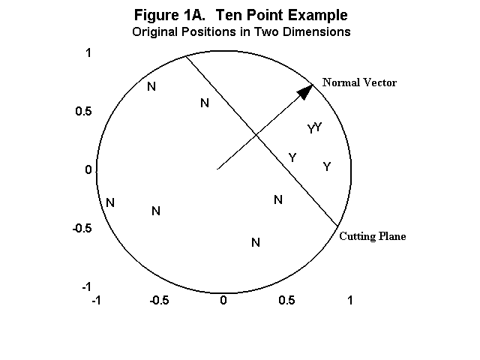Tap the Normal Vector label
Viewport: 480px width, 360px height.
pos(359,82)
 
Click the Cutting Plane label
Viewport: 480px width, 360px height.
pos(373,236)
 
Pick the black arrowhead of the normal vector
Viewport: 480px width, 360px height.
pos(304,91)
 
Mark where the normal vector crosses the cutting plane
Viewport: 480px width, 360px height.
pos(256,135)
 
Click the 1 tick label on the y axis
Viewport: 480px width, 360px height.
pos(88,53)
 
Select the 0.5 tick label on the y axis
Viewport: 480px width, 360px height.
pos(82,112)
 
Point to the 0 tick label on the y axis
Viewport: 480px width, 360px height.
pos(88,170)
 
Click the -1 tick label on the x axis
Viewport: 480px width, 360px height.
pos(96,300)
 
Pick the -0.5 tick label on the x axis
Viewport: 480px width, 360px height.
pos(158,300)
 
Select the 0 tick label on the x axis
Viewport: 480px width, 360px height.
pos(223,300)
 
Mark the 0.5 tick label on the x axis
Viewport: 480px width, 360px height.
pos(287,300)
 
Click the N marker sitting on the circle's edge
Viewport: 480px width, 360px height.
pos(110,202)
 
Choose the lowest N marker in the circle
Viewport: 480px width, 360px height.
pos(256,242)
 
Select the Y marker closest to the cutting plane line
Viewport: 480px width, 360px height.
pos(292,157)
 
